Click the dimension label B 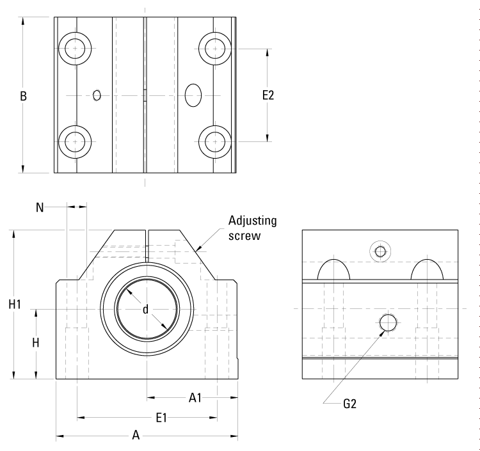pyautogui.click(x=23, y=97)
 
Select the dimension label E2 pyautogui.click(x=268, y=95)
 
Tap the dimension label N pyautogui.click(x=40, y=207)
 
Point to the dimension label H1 pyautogui.click(x=15, y=305)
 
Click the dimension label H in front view pyautogui.click(x=36, y=343)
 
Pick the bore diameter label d pyautogui.click(x=146, y=310)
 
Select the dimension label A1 pyautogui.click(x=196, y=397)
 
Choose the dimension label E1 pyautogui.click(x=162, y=418)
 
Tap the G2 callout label pyautogui.click(x=349, y=404)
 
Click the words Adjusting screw pyautogui.click(x=253, y=228)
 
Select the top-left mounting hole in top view pyautogui.click(x=75, y=48)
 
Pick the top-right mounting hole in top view pyautogui.click(x=215, y=48)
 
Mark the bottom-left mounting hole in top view pyautogui.click(x=75, y=139)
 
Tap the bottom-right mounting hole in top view pyautogui.click(x=215, y=139)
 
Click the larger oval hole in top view pyautogui.click(x=193, y=95)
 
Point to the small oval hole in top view pyautogui.click(x=97, y=95)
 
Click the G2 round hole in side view pyautogui.click(x=388, y=323)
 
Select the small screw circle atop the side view pyautogui.click(x=380, y=251)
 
